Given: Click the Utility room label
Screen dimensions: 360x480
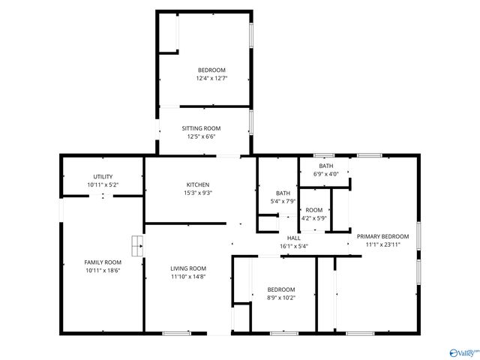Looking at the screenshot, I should tap(103, 176).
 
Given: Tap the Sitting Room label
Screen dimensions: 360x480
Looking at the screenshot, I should tap(201, 128).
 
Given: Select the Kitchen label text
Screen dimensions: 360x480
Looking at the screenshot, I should tap(198, 184).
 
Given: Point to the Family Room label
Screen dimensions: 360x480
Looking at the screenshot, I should tap(103, 262).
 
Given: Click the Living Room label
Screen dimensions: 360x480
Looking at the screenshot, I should tap(187, 268).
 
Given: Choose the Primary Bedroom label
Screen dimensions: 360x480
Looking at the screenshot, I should tap(388, 235).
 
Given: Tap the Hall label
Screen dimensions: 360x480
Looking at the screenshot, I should tap(293, 237).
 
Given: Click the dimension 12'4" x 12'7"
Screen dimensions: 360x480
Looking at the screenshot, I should tap(211, 78).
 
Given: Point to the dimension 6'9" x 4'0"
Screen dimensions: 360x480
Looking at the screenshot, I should tap(326, 174).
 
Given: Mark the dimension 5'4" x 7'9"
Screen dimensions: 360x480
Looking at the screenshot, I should tap(283, 201).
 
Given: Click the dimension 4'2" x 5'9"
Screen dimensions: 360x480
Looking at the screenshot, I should tap(313, 218).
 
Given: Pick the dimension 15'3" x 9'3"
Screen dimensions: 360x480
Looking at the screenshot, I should tap(198, 193).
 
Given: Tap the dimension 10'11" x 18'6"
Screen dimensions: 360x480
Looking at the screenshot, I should tap(103, 271).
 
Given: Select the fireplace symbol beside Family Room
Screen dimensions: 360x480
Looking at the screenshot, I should tap(137, 244).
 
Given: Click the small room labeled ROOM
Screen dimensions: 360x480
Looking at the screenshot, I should tap(313, 210).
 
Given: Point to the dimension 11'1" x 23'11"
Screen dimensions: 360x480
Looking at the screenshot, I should tap(388, 244).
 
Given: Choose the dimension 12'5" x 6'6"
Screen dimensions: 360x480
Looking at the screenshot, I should tap(201, 136).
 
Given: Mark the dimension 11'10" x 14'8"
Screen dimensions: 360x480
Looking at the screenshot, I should tap(187, 277).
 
